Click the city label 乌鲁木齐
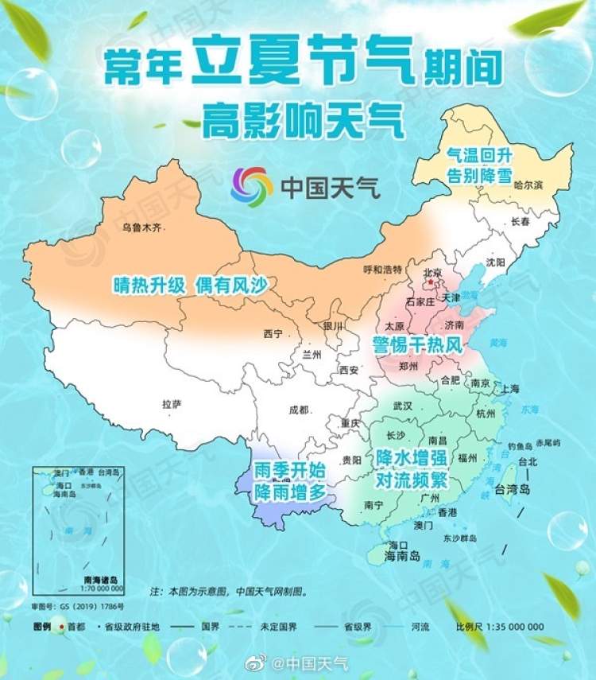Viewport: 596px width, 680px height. pos(141,228)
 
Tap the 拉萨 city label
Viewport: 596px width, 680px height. pos(172,404)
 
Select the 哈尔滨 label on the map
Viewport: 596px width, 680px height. pos(528,185)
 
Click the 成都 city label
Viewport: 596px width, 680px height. pos(298,410)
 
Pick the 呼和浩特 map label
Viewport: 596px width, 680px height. pos(382,269)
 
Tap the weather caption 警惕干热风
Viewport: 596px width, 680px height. pos(416,344)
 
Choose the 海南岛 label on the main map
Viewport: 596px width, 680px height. pos(402,556)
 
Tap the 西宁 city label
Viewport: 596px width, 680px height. pos(273,334)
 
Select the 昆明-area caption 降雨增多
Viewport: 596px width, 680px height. pos(289,492)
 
